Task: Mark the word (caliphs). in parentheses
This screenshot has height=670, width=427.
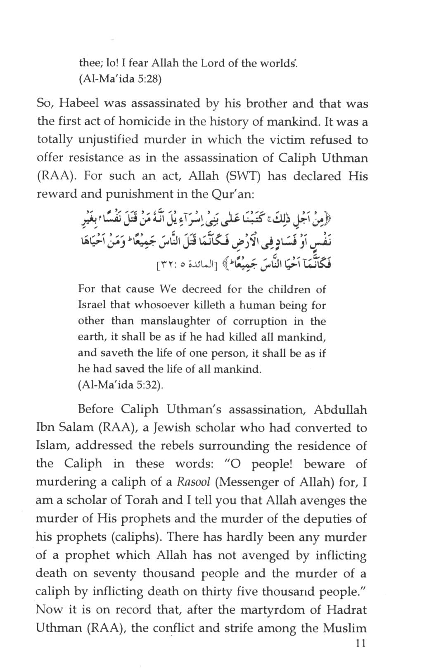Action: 136,537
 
